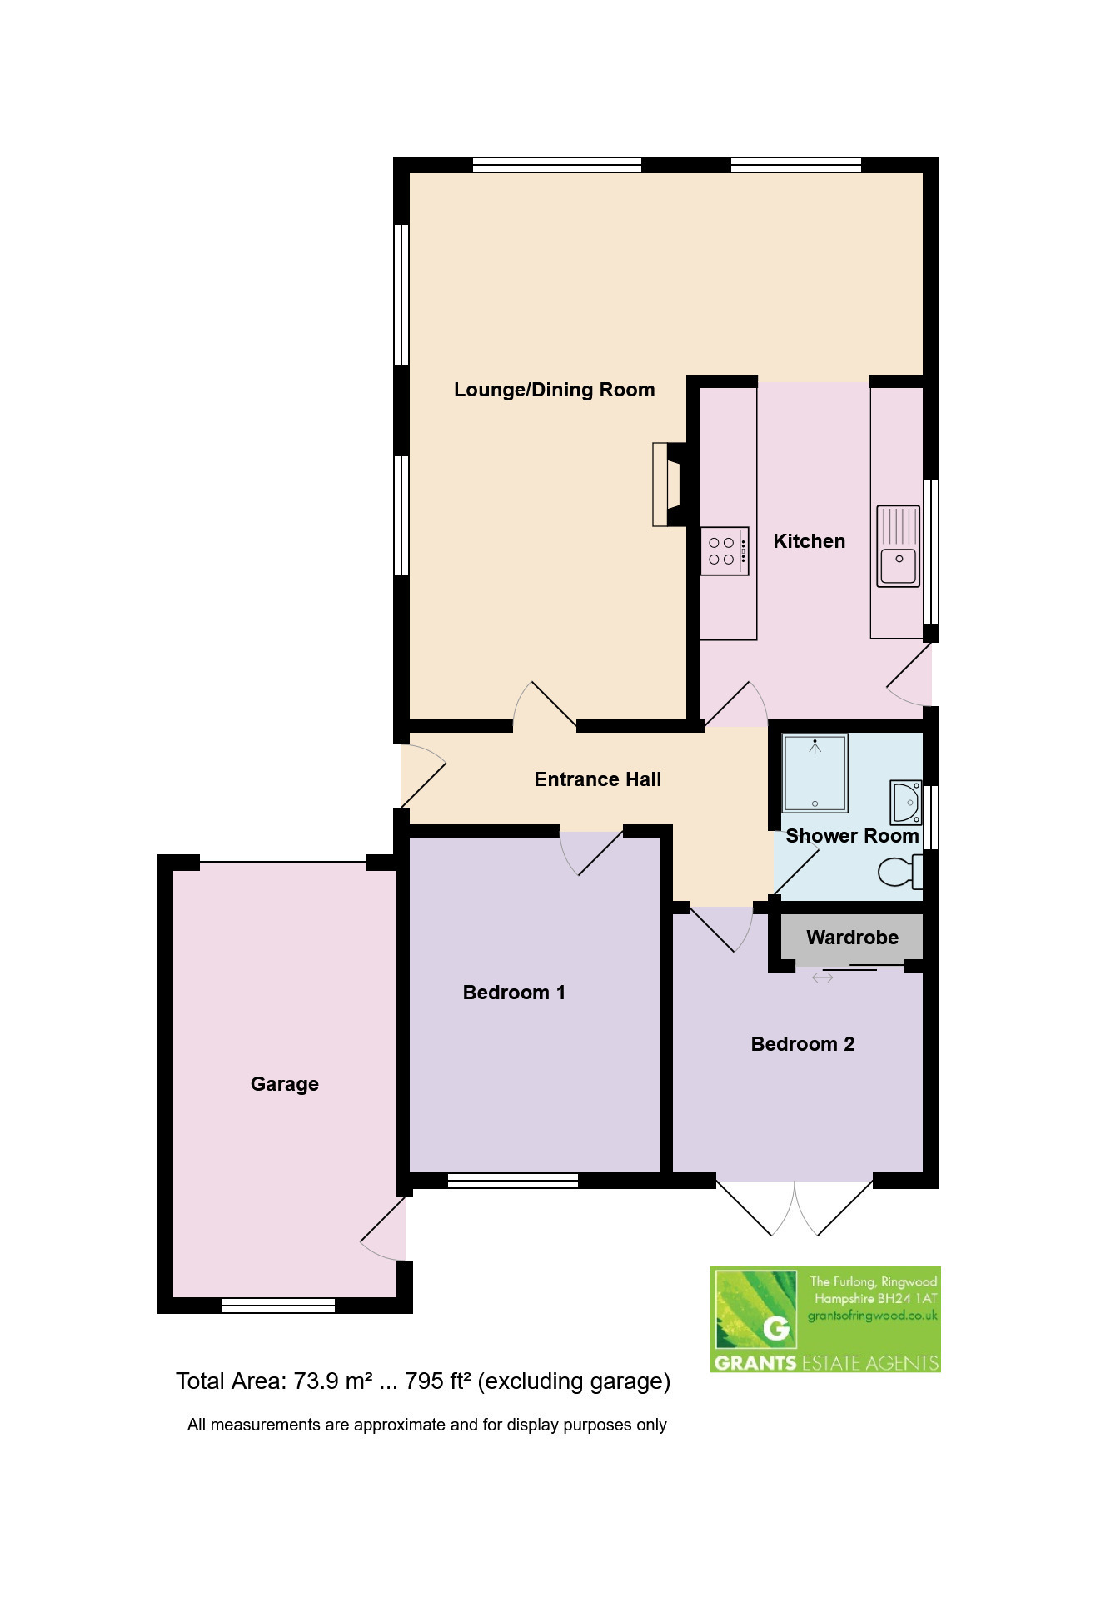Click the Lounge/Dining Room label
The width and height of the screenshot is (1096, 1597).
pyautogui.click(x=554, y=390)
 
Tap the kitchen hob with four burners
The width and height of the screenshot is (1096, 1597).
pyautogui.click(x=725, y=550)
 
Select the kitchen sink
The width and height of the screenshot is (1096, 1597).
pyautogui.click(x=898, y=546)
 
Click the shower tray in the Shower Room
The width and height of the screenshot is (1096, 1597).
pyautogui.click(x=815, y=774)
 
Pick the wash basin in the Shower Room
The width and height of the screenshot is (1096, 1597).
pyautogui.click(x=905, y=801)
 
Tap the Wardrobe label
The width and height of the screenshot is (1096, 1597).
pyautogui.click(x=852, y=938)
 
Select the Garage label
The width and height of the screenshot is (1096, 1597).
pyautogui.click(x=285, y=1084)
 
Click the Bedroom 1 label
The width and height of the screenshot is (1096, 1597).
pyautogui.click(x=514, y=993)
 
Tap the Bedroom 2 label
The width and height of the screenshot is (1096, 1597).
pyautogui.click(x=803, y=1044)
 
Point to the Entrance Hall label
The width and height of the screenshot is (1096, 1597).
pyautogui.click(x=598, y=779)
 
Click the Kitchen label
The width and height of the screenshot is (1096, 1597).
pyautogui.click(x=810, y=541)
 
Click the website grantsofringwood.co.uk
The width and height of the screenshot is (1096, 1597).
pyautogui.click(x=873, y=1316)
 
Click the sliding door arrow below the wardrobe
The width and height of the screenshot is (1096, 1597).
pyautogui.click(x=822, y=978)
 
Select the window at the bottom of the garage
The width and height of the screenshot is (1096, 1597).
pyautogui.click(x=278, y=1305)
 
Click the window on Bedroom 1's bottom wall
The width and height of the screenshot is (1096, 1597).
pyautogui.click(x=513, y=1180)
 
